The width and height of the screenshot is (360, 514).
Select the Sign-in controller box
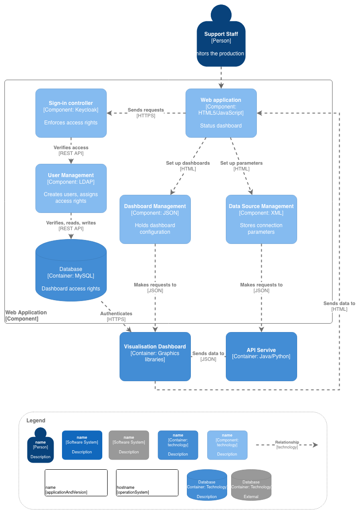[x=71, y=113]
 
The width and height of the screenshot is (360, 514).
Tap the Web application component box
[x=221, y=113]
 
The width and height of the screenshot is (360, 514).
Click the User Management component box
[x=71, y=188]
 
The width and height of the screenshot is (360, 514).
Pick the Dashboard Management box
[x=155, y=219]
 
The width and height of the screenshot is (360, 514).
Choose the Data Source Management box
[x=261, y=219]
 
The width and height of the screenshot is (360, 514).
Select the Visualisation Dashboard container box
[x=155, y=356]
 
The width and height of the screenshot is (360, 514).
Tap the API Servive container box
[x=261, y=356]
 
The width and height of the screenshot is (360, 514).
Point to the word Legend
[x=36, y=421]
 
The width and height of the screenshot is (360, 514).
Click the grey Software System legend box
[x=129, y=445]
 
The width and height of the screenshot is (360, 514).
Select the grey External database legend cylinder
[x=251, y=485]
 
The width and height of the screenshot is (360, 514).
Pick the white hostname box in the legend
[x=147, y=483]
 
